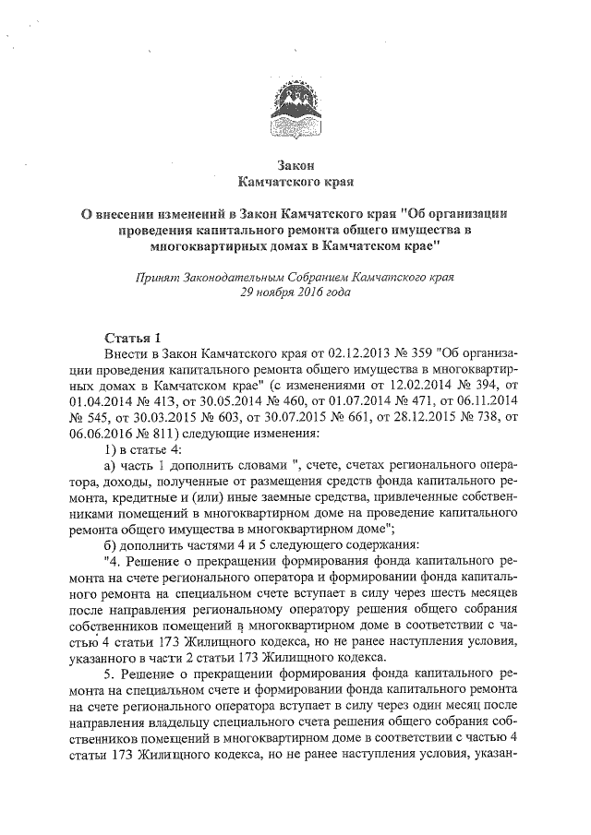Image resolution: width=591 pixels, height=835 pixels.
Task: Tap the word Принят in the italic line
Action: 155,276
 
